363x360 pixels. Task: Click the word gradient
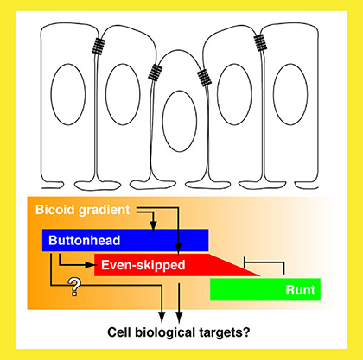(104, 211)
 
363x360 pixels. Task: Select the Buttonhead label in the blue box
(85, 241)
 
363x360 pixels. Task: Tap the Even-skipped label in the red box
(143, 265)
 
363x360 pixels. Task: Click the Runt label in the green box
(300, 290)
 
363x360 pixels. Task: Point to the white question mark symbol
(74, 287)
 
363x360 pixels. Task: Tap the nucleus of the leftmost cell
(68, 94)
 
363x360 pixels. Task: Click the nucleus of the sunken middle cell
(180, 121)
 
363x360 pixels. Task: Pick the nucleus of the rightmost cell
(290, 94)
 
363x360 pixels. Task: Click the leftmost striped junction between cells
(99, 47)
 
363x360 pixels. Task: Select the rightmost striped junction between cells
(260, 42)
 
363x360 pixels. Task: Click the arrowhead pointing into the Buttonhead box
(153, 226)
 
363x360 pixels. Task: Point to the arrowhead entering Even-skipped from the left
(90, 265)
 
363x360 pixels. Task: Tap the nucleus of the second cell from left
(123, 94)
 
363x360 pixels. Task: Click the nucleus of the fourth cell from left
(234, 94)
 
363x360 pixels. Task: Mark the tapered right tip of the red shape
(260, 275)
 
